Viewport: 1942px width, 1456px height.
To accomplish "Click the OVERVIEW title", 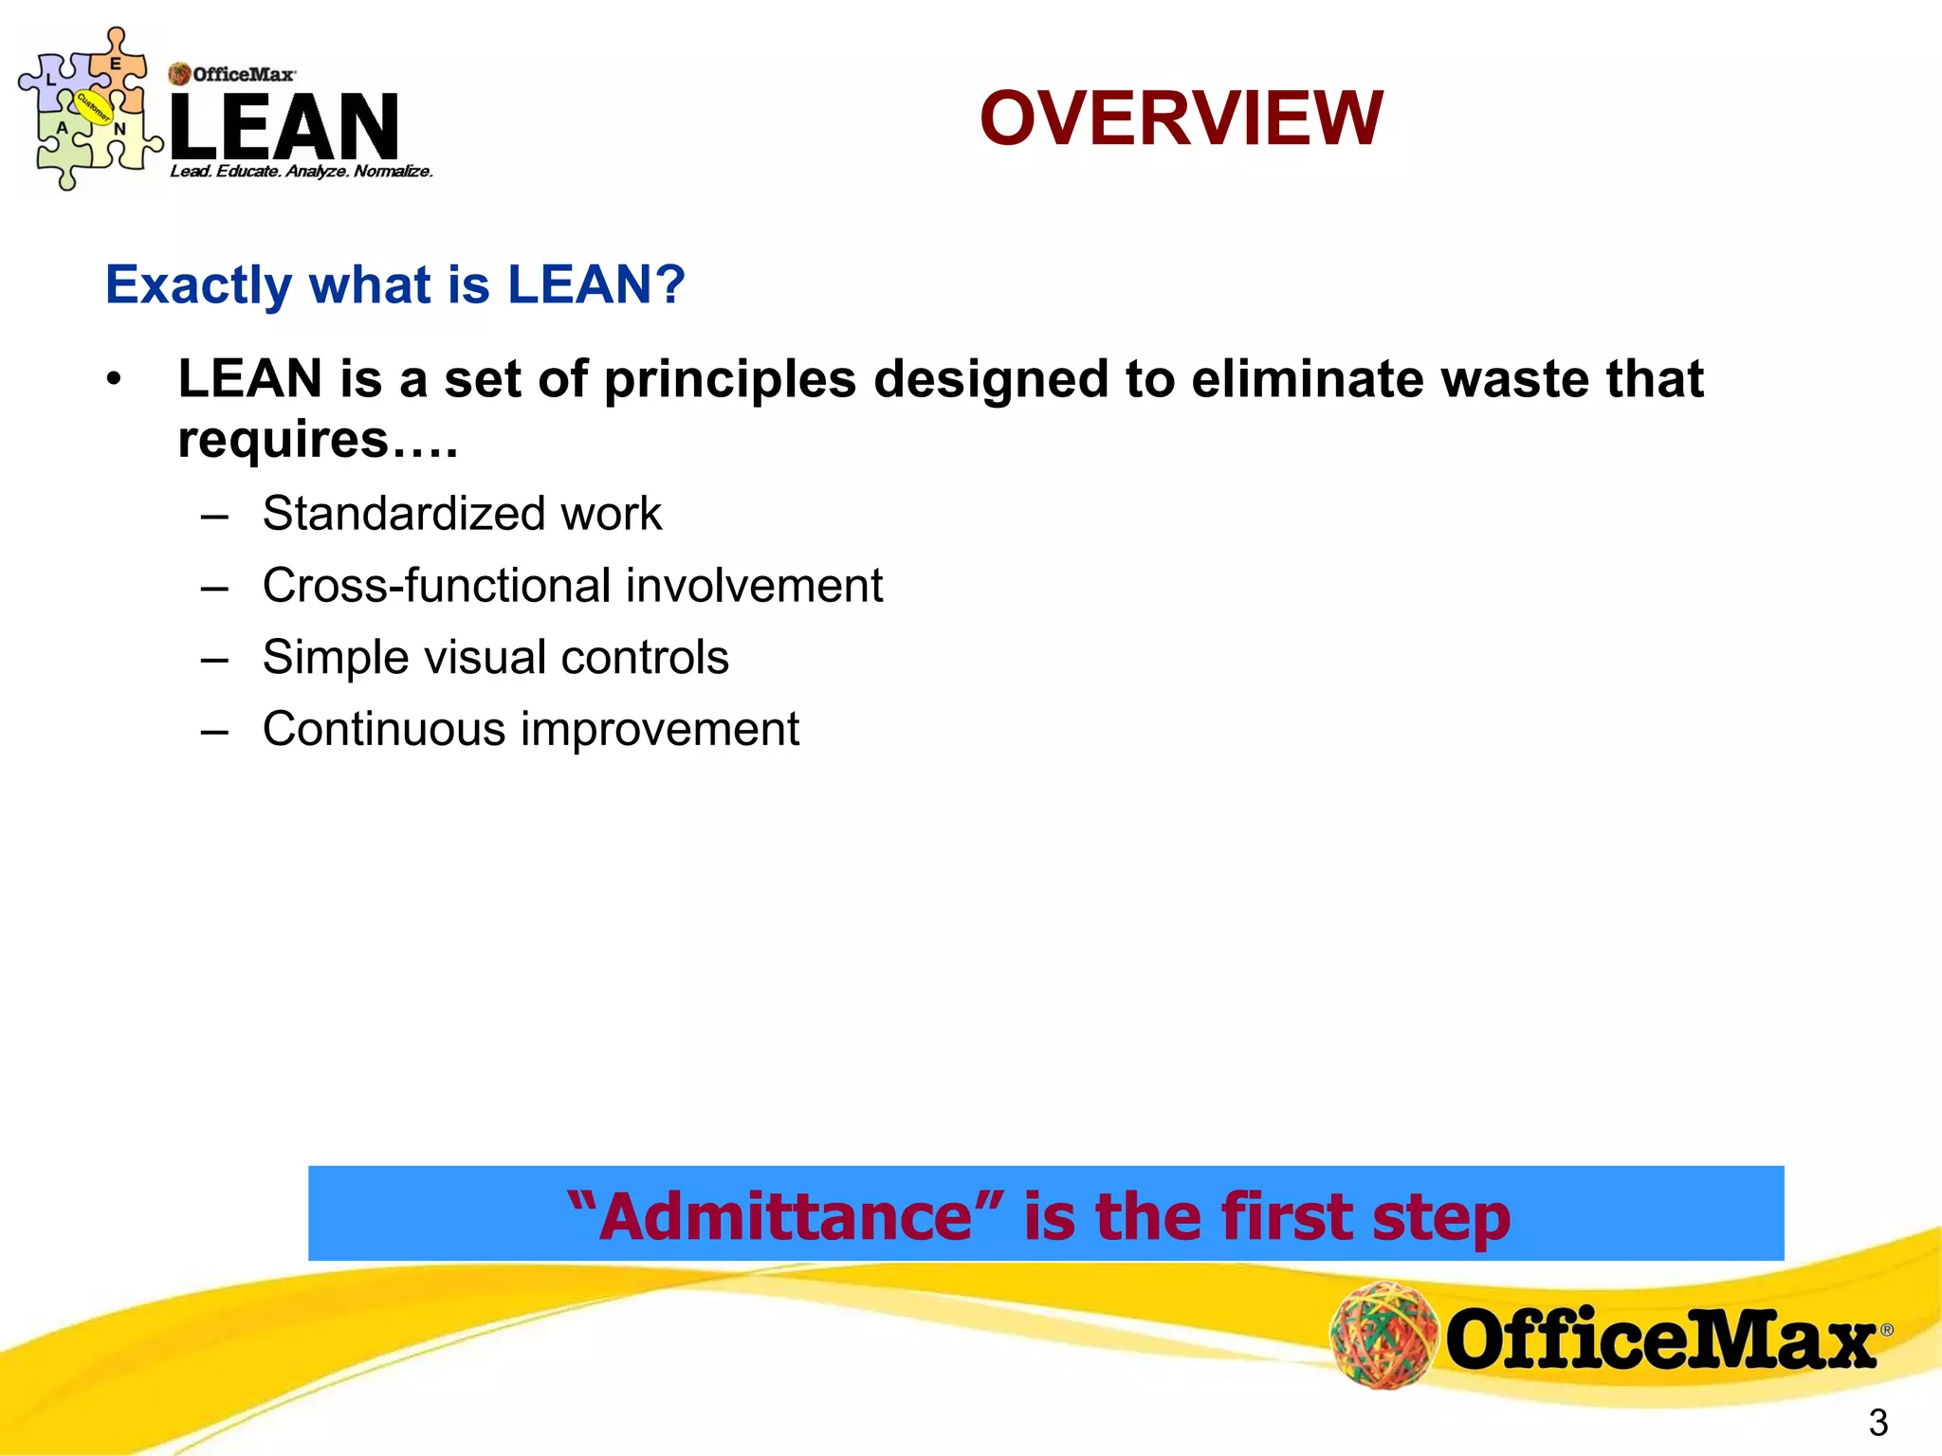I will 1181,118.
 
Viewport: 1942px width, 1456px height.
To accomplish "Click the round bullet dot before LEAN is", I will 115,379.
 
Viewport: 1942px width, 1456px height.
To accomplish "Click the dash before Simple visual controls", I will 215,658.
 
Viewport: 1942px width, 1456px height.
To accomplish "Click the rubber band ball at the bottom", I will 1383,1335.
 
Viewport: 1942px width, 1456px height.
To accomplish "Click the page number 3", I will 1878,1423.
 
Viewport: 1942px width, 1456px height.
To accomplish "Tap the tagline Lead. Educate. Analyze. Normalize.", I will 302,172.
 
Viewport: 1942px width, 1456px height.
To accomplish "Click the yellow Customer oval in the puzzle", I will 93,107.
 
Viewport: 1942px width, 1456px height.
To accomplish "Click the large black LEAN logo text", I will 284,126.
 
